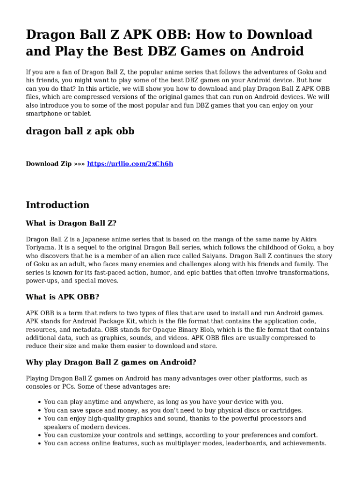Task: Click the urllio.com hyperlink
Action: coord(130,164)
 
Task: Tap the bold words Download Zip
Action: coord(49,164)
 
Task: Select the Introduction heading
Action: coord(58,205)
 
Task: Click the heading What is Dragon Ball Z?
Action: coord(71,223)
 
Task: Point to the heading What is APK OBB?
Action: coord(62,297)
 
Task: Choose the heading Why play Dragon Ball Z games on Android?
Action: coord(111,362)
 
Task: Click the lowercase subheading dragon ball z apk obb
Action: coord(80,131)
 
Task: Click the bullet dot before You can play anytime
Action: coord(38,402)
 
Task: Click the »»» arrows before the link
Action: coord(79,164)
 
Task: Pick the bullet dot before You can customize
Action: coord(38,435)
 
